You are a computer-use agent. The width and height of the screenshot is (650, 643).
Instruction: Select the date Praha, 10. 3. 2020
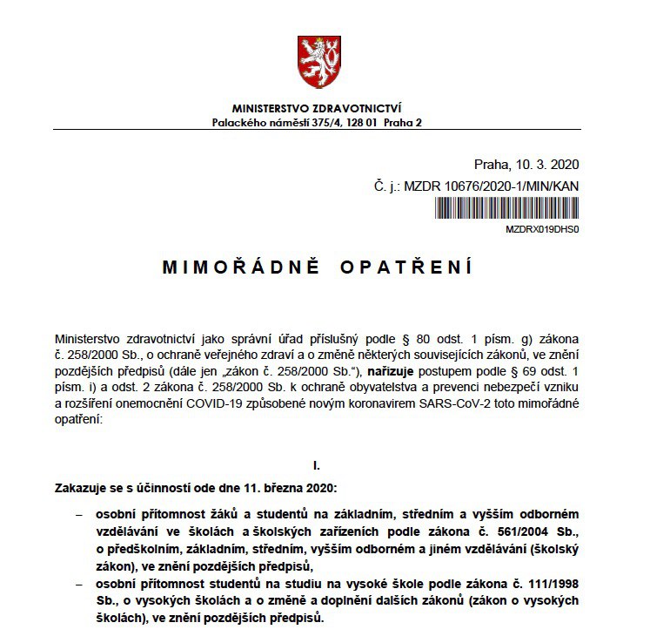pos(526,164)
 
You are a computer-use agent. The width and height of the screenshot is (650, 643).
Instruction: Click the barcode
pos(506,208)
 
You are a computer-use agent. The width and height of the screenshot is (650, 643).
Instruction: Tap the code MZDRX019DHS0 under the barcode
pos(541,229)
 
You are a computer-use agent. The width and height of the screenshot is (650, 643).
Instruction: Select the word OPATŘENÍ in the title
pos(410,267)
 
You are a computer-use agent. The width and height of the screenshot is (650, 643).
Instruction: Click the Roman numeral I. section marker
pos(317,465)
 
